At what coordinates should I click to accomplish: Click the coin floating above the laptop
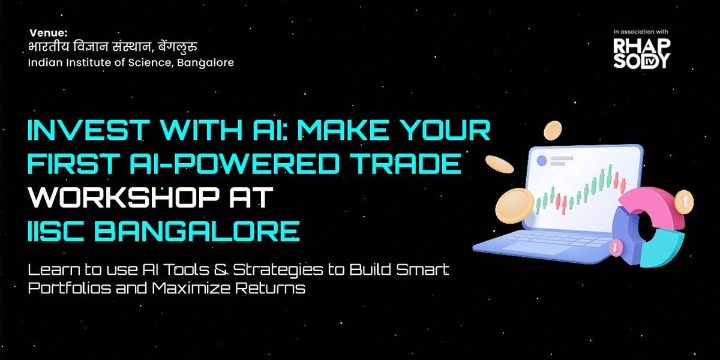[553, 130]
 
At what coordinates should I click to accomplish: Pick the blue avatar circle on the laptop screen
[542, 161]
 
